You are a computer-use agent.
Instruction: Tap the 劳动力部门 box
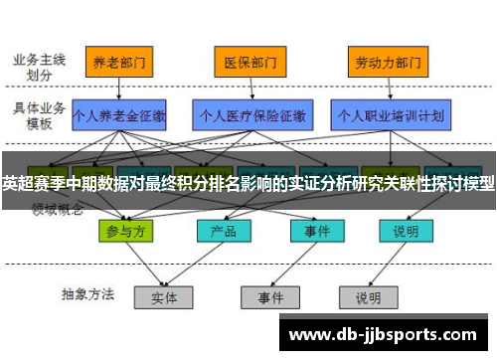[x=382, y=62]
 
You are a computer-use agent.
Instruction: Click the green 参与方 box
[x=128, y=231]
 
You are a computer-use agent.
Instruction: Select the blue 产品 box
[x=217, y=231]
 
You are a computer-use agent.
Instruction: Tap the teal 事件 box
[x=310, y=231]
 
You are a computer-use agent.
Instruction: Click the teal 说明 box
[x=405, y=231]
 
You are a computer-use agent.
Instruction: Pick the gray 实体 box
[x=164, y=296]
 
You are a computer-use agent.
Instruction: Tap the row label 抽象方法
[x=87, y=294]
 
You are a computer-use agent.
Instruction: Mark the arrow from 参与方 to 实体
[x=145, y=264]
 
